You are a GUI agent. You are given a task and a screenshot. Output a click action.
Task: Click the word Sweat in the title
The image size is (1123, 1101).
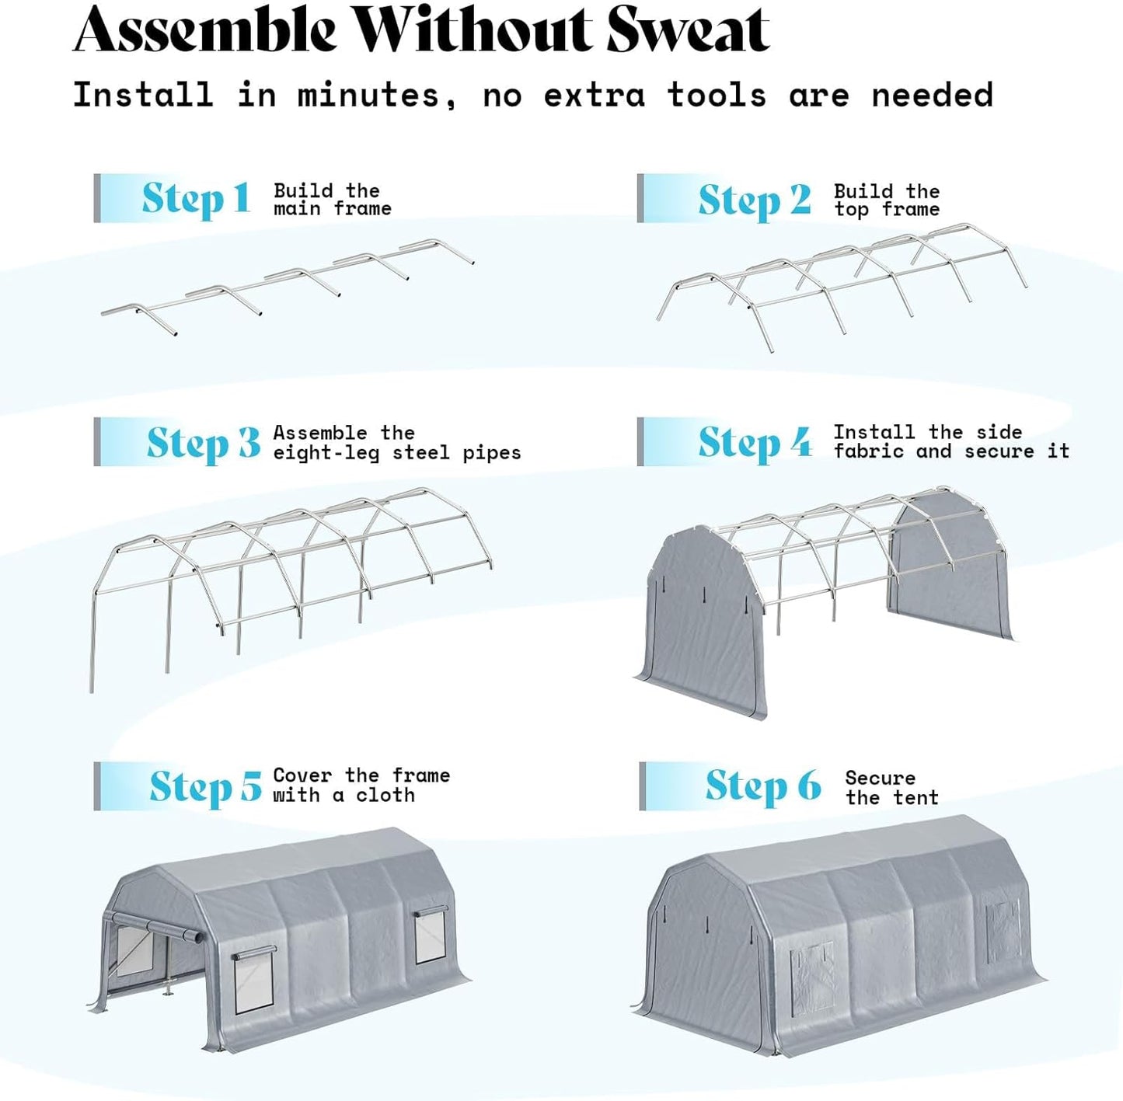(x=687, y=31)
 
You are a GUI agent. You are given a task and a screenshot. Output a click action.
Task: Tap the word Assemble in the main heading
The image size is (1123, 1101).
(x=205, y=31)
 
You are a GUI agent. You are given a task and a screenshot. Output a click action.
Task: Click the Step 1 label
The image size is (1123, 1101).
(x=195, y=199)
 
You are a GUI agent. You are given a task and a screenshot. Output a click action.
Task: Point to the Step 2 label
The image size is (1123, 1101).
(x=754, y=200)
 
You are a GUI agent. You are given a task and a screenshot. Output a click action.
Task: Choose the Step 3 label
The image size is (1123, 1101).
(x=203, y=443)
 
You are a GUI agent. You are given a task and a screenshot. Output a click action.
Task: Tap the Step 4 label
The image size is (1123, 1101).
(x=754, y=443)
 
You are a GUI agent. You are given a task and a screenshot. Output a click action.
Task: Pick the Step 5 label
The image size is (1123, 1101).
(x=205, y=786)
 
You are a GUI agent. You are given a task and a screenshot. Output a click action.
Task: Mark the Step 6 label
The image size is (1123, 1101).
(x=762, y=786)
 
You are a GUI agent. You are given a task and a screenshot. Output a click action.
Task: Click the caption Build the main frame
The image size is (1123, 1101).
(x=332, y=200)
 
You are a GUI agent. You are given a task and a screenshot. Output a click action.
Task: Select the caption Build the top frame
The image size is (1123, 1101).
(x=887, y=200)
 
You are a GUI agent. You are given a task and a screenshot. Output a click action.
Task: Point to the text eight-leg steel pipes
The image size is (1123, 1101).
(x=396, y=453)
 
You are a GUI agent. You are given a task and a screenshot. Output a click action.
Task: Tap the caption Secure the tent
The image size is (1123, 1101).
(x=891, y=788)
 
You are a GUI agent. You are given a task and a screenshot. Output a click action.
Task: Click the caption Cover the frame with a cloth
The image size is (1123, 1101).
(x=361, y=786)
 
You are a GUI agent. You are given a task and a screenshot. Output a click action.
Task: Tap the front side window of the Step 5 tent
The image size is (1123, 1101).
(x=255, y=980)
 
